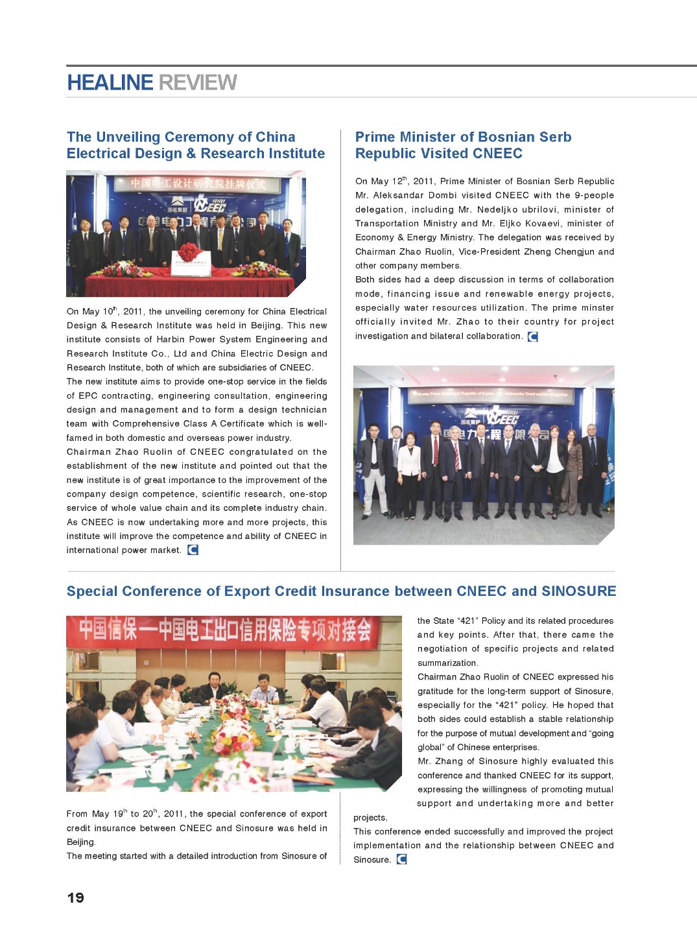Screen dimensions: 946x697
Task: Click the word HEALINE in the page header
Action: click(110, 83)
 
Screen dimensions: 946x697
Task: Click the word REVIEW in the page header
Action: click(198, 83)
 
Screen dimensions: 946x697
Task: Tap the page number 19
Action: click(76, 897)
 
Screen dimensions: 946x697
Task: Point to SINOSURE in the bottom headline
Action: click(578, 591)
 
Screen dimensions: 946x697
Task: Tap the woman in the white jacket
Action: click(408, 460)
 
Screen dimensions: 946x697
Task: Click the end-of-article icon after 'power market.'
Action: click(193, 550)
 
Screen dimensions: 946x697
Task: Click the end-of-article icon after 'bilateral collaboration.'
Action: click(533, 337)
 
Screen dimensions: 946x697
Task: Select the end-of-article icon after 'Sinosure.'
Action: click(402, 859)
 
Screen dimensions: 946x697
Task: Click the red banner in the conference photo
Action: click(227, 630)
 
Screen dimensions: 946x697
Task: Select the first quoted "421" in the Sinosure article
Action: click(467, 621)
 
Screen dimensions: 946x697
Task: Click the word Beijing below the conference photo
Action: click(80, 842)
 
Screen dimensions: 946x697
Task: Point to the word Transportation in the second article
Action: click(387, 224)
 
